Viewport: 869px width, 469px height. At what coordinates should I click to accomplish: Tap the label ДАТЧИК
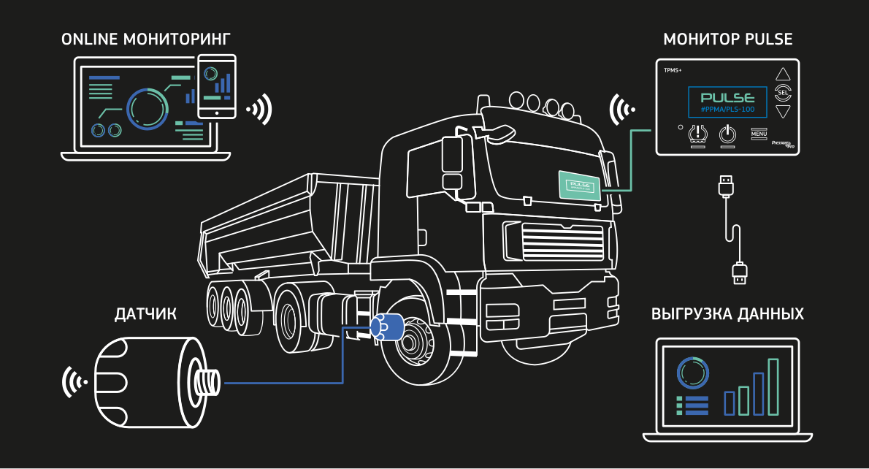point(146,315)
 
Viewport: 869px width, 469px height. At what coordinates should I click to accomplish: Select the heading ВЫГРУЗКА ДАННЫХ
point(727,315)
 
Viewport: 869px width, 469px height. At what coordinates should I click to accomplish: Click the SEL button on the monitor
point(783,93)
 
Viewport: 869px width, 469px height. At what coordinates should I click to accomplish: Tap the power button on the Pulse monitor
point(727,134)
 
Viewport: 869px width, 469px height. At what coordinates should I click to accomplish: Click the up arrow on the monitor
point(783,74)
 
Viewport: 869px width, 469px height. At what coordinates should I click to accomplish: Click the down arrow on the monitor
point(783,112)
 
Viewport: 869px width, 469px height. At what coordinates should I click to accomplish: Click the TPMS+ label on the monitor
point(671,72)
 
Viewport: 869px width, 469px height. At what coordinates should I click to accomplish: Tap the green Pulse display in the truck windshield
point(579,186)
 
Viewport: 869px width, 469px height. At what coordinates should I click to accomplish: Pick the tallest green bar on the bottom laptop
point(773,386)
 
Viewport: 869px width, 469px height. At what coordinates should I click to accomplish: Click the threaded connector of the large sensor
point(208,381)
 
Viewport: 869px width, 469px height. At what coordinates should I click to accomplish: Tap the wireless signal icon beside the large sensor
point(74,382)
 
